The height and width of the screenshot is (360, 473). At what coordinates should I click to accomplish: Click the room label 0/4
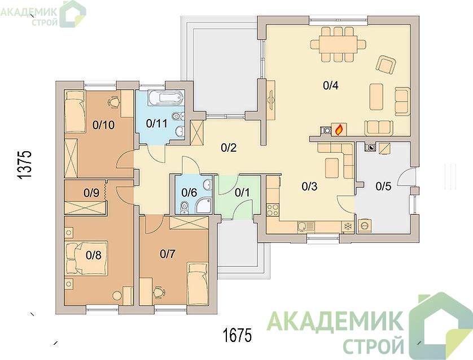click(x=331, y=86)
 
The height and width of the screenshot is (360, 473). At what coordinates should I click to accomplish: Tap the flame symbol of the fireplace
click(x=339, y=130)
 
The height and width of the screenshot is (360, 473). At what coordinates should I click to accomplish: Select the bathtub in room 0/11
click(x=165, y=98)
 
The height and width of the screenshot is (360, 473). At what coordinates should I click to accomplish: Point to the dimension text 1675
click(x=237, y=335)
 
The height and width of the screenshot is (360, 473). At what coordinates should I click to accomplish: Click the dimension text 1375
click(x=24, y=165)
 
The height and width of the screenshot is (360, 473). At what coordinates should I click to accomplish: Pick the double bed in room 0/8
click(x=86, y=258)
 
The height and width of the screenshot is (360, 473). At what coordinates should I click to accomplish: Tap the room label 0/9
click(x=91, y=192)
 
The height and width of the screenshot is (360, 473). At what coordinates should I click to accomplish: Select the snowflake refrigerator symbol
click(x=348, y=226)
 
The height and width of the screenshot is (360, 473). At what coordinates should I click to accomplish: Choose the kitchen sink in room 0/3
click(x=305, y=226)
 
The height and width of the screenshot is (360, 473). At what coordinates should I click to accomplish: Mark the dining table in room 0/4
click(x=339, y=45)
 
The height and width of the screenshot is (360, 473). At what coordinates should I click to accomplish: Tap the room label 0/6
click(x=189, y=192)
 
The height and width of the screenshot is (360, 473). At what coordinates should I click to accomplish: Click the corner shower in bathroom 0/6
click(x=204, y=206)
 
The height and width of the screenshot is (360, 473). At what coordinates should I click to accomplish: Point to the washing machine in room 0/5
click(x=365, y=225)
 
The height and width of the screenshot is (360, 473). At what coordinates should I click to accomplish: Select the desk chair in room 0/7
click(x=159, y=292)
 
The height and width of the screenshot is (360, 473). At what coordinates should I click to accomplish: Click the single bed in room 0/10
click(x=75, y=111)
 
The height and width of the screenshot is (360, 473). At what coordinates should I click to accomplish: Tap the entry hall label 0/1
click(x=242, y=192)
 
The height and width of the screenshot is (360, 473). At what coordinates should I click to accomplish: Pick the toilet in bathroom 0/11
click(x=178, y=116)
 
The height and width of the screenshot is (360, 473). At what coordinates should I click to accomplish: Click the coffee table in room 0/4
click(x=376, y=97)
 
